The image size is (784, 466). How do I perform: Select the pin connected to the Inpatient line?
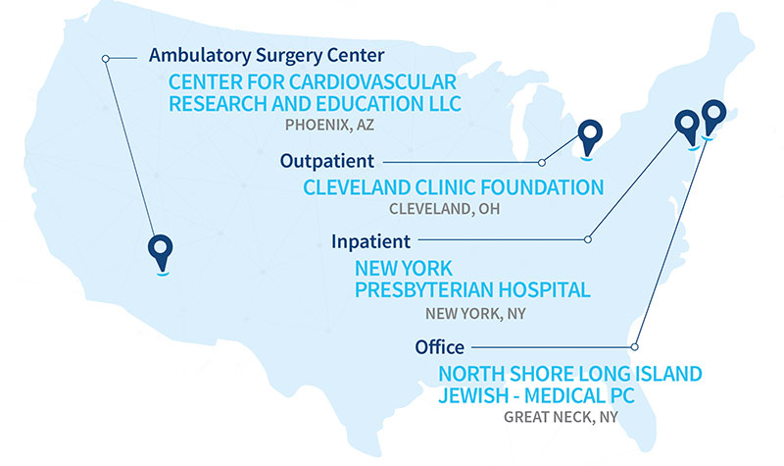pos(689,126)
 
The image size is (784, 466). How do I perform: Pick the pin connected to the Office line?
pos(712,116)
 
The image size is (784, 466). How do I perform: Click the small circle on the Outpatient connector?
pos(542,162)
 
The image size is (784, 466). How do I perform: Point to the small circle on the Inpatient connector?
pos(588,238)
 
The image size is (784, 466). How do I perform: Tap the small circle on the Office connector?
pos(635,346)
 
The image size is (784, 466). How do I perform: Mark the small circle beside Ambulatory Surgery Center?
pos(106,59)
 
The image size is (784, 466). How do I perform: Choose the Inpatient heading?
pos(364,240)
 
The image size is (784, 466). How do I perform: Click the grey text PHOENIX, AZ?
pos(329,126)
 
